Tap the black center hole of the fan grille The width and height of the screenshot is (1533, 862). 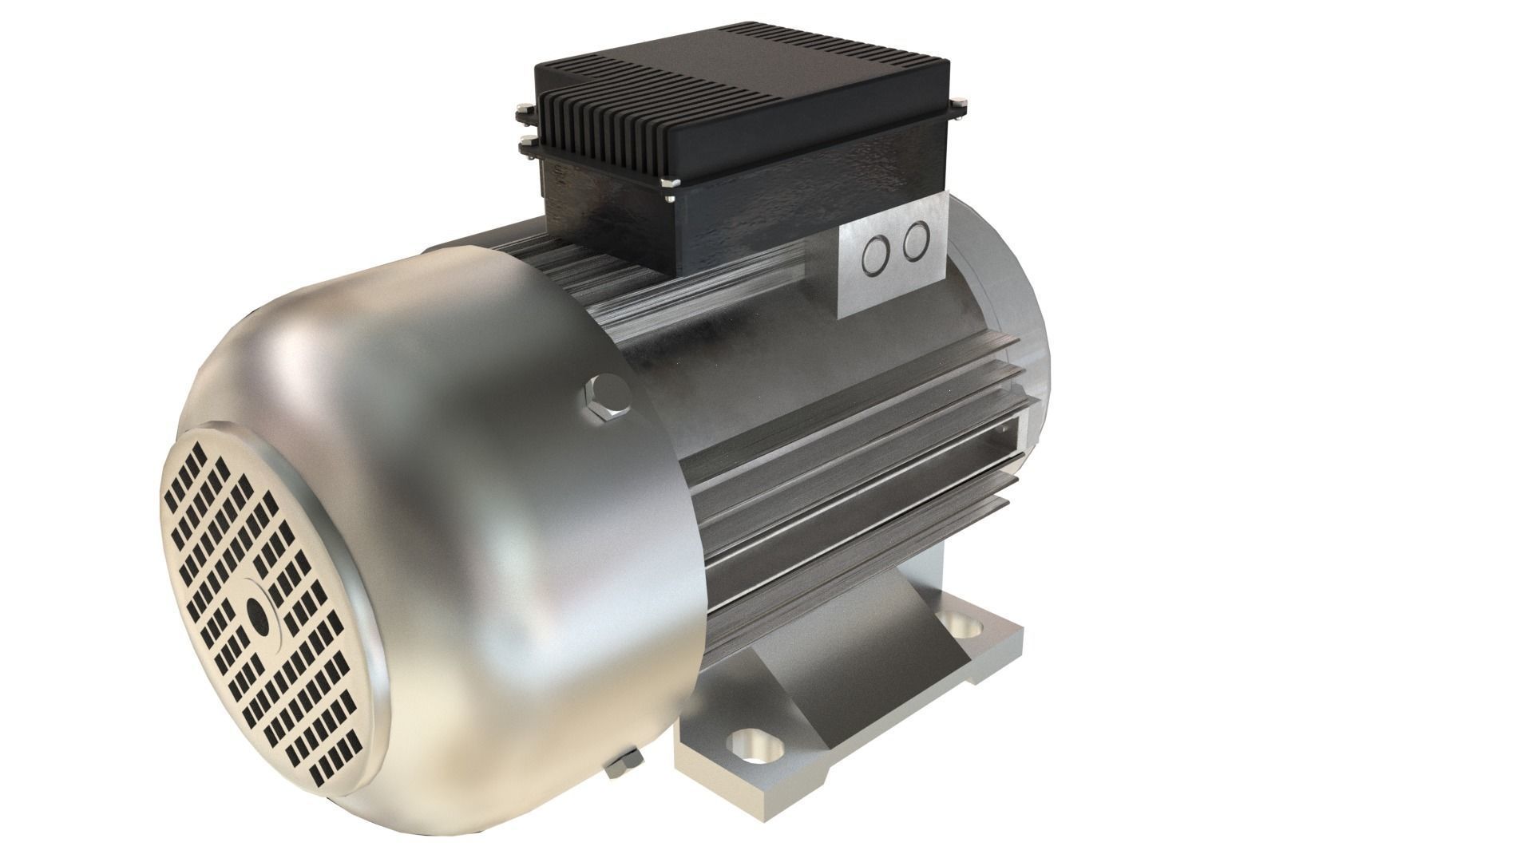(258, 614)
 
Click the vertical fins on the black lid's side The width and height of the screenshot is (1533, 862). (607, 136)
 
